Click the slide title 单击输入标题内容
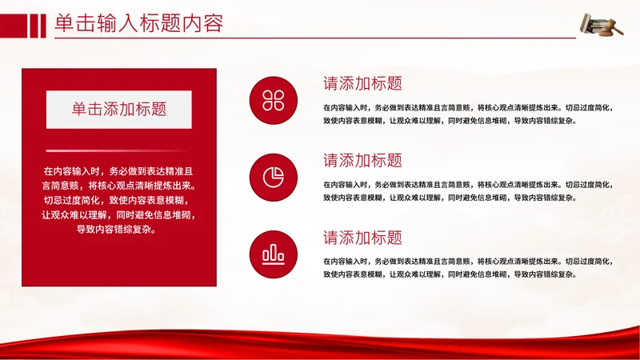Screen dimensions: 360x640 pyautogui.click(x=138, y=24)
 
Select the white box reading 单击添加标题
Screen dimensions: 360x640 pyautogui.click(x=118, y=110)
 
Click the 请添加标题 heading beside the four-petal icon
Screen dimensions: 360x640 pyautogui.click(x=362, y=83)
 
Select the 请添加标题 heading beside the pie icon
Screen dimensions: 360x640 pyautogui.click(x=362, y=160)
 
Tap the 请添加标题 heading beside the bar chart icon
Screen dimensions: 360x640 pyautogui.click(x=362, y=238)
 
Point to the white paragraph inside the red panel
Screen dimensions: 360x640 pyautogui.click(x=118, y=200)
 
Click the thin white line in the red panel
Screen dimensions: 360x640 pyautogui.click(x=118, y=150)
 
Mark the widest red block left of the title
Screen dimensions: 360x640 pyautogui.click(x=13, y=26)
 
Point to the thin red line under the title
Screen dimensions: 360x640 pyautogui.click(x=312, y=38)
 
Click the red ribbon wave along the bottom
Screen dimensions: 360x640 pyautogui.click(x=320, y=342)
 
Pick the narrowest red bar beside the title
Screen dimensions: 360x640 pyautogui.click(x=42, y=26)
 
